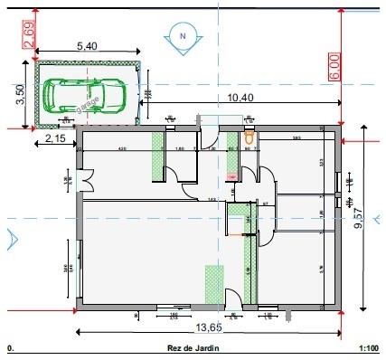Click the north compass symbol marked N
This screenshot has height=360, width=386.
click(184, 35)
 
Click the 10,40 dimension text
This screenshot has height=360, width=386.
click(240, 97)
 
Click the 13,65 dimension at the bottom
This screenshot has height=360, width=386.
click(210, 327)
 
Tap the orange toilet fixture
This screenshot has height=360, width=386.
click(249, 138)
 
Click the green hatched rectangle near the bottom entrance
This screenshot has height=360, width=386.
click(213, 285)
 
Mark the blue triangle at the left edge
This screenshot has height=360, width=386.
click(10, 240)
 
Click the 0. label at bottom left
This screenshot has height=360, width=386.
click(10, 346)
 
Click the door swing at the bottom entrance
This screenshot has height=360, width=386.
click(232, 296)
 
